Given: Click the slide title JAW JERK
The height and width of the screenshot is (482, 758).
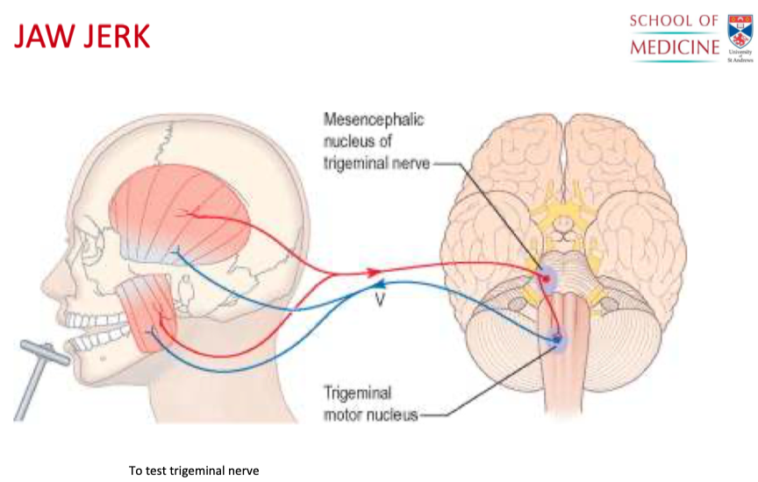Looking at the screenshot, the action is click(82, 37).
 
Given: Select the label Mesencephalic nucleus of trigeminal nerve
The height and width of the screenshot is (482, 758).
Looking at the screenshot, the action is click(373, 140).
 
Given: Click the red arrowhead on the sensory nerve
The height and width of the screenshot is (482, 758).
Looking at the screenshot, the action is click(374, 273).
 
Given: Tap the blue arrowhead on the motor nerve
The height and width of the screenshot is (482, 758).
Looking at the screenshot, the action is click(377, 283).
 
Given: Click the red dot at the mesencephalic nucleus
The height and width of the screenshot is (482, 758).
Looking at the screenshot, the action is click(546, 279).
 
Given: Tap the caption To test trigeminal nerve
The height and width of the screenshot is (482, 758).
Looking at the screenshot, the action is click(194, 471).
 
